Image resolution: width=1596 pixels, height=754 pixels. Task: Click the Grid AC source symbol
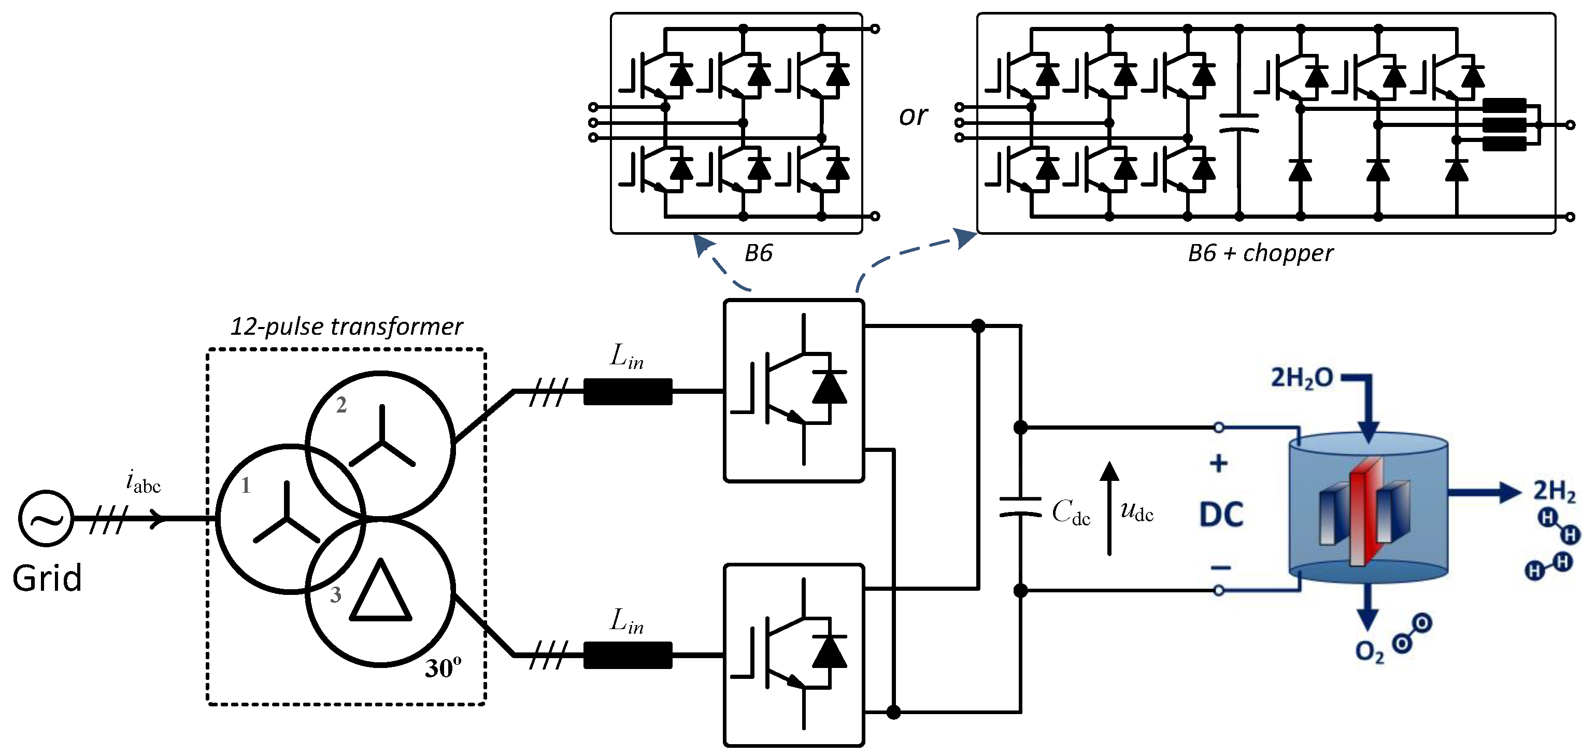point(46,519)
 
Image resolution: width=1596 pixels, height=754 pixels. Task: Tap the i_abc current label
point(143,482)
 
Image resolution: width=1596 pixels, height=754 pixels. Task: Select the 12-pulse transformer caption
point(346,326)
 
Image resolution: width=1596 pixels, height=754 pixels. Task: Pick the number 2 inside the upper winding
point(341,405)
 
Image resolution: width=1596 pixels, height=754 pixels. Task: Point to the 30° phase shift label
point(443,668)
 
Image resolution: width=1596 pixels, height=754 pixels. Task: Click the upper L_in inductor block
point(628,392)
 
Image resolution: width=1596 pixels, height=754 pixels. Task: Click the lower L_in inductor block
point(628,655)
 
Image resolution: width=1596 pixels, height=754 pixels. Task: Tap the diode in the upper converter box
point(829,389)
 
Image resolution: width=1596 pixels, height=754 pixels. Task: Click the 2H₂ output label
point(1555,491)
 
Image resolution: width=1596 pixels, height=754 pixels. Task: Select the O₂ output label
point(1369,652)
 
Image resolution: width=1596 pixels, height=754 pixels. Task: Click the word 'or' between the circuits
point(913,116)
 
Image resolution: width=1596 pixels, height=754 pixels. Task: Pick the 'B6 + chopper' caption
point(1260,253)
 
